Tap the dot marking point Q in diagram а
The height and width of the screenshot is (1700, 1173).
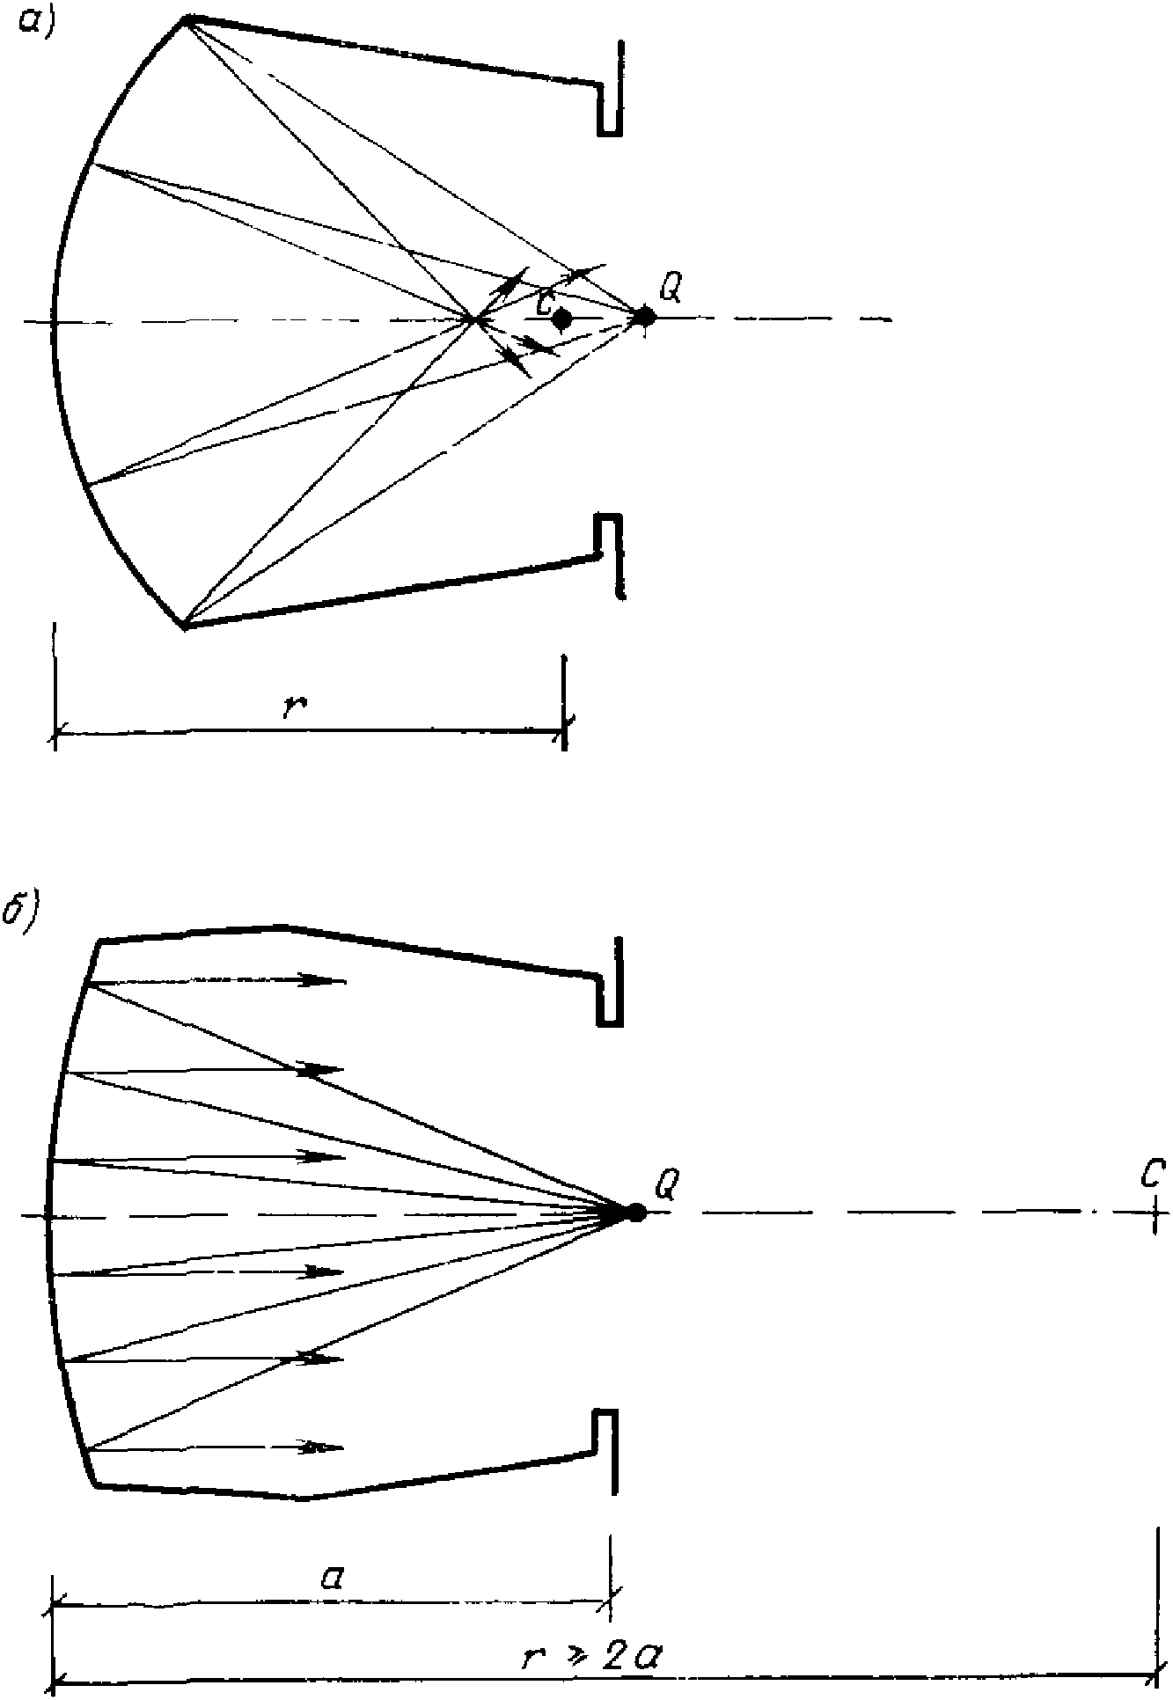tap(645, 316)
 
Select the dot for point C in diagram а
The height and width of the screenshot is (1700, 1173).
tap(562, 319)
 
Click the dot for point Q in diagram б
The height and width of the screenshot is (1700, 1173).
tap(635, 1213)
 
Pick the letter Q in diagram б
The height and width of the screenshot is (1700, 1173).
tap(666, 1184)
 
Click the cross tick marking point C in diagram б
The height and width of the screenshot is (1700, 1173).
tap(1155, 1213)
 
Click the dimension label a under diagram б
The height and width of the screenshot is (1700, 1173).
tap(333, 1578)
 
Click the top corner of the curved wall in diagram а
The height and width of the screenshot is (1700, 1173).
tap(184, 18)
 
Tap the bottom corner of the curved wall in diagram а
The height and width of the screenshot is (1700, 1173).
tap(184, 626)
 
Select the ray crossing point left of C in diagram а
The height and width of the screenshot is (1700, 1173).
tap(475, 319)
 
